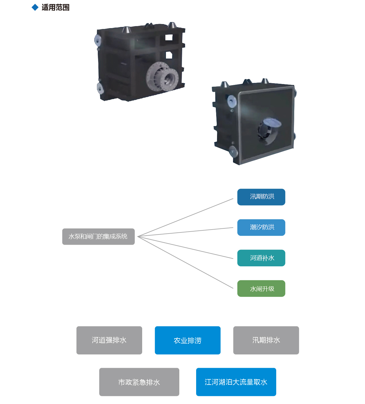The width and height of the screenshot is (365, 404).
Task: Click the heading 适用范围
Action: pos(55,8)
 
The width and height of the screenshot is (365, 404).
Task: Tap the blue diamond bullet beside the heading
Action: pos(35,8)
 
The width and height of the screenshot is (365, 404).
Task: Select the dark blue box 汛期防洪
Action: pos(261,197)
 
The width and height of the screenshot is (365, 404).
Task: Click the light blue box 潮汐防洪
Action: pos(261,228)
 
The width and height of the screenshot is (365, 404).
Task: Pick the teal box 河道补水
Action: pos(261,258)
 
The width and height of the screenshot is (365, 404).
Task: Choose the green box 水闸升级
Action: pos(261,288)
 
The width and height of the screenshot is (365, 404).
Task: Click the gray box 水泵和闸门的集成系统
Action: pos(98,236)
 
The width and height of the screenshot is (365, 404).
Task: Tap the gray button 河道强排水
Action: pos(109,340)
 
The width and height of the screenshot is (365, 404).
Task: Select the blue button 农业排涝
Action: pos(187,340)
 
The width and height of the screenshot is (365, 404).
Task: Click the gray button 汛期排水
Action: pos(266,340)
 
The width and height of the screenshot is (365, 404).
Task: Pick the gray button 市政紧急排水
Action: pos(139,382)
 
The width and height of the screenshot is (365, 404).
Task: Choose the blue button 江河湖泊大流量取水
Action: pos(236,382)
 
